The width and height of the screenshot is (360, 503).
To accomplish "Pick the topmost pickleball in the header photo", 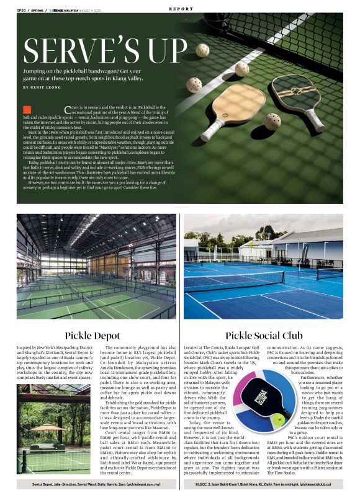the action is (202, 49).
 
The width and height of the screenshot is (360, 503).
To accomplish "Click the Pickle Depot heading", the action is (91, 336).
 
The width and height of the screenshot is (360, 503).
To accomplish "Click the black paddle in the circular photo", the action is (263, 396).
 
